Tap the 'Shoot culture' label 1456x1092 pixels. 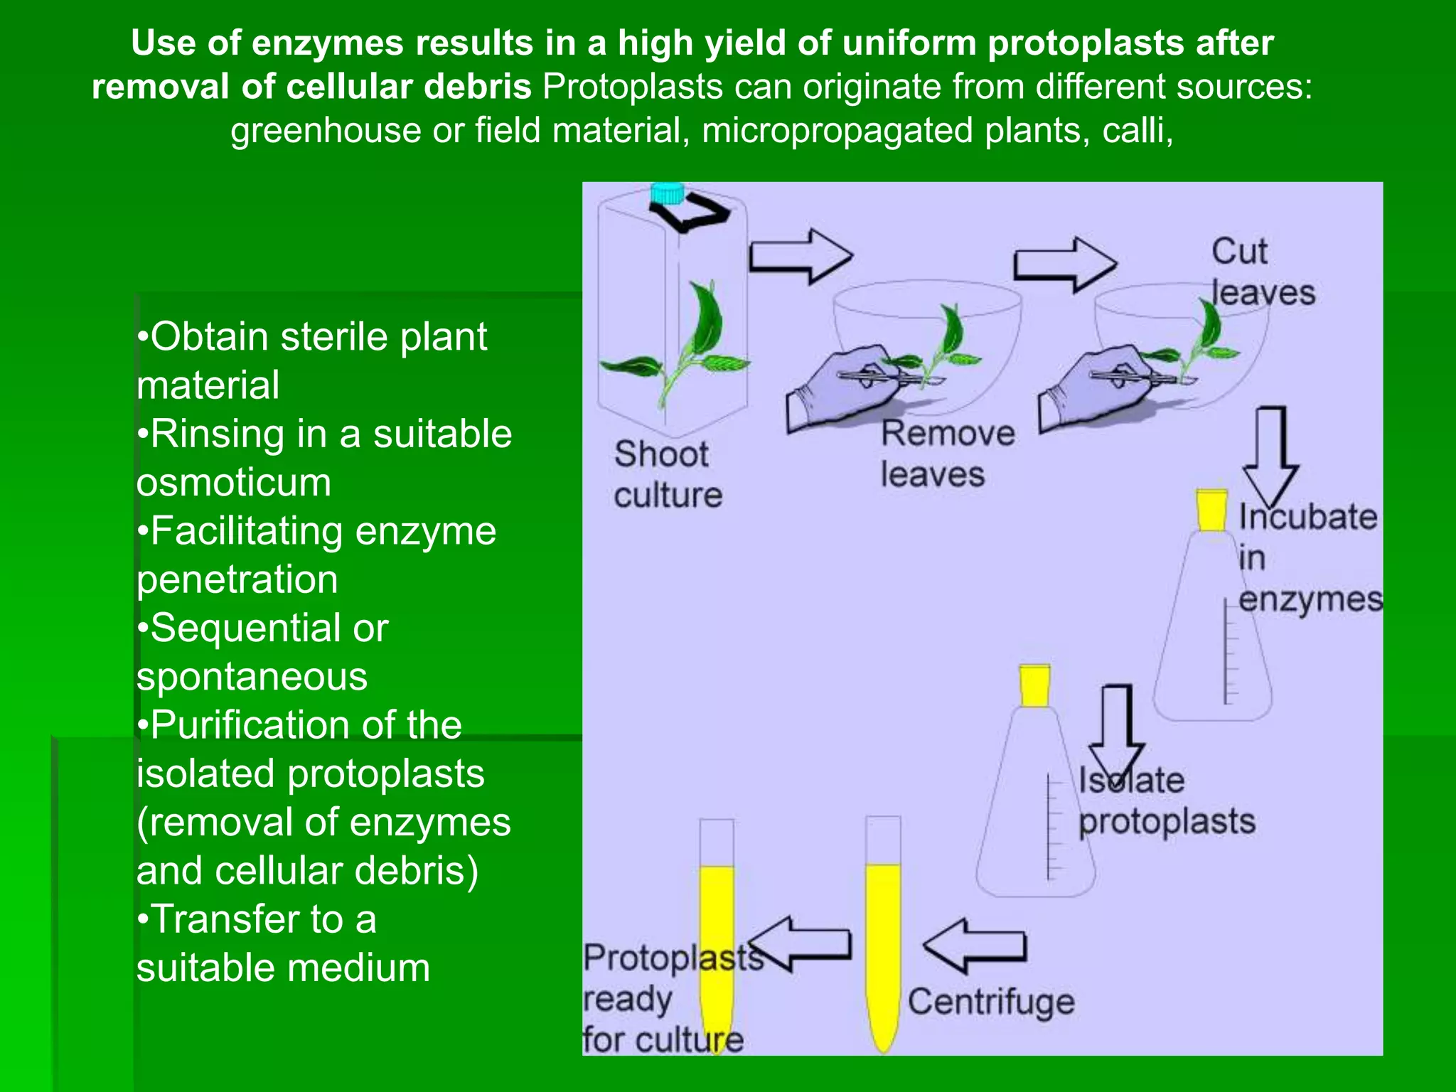[667, 474]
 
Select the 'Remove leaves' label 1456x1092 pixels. [947, 454]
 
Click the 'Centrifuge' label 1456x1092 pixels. [991, 1002]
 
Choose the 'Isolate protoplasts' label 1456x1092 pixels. [1166, 801]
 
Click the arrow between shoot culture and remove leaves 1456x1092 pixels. [801, 256]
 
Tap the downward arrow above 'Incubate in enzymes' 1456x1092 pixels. [1271, 455]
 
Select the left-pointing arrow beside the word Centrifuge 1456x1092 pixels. [975, 946]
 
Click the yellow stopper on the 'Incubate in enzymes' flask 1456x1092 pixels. [1211, 510]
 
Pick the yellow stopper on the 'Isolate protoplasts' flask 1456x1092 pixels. [1034, 685]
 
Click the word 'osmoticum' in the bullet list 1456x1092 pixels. [234, 483]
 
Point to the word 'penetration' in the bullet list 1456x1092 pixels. [237, 579]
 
